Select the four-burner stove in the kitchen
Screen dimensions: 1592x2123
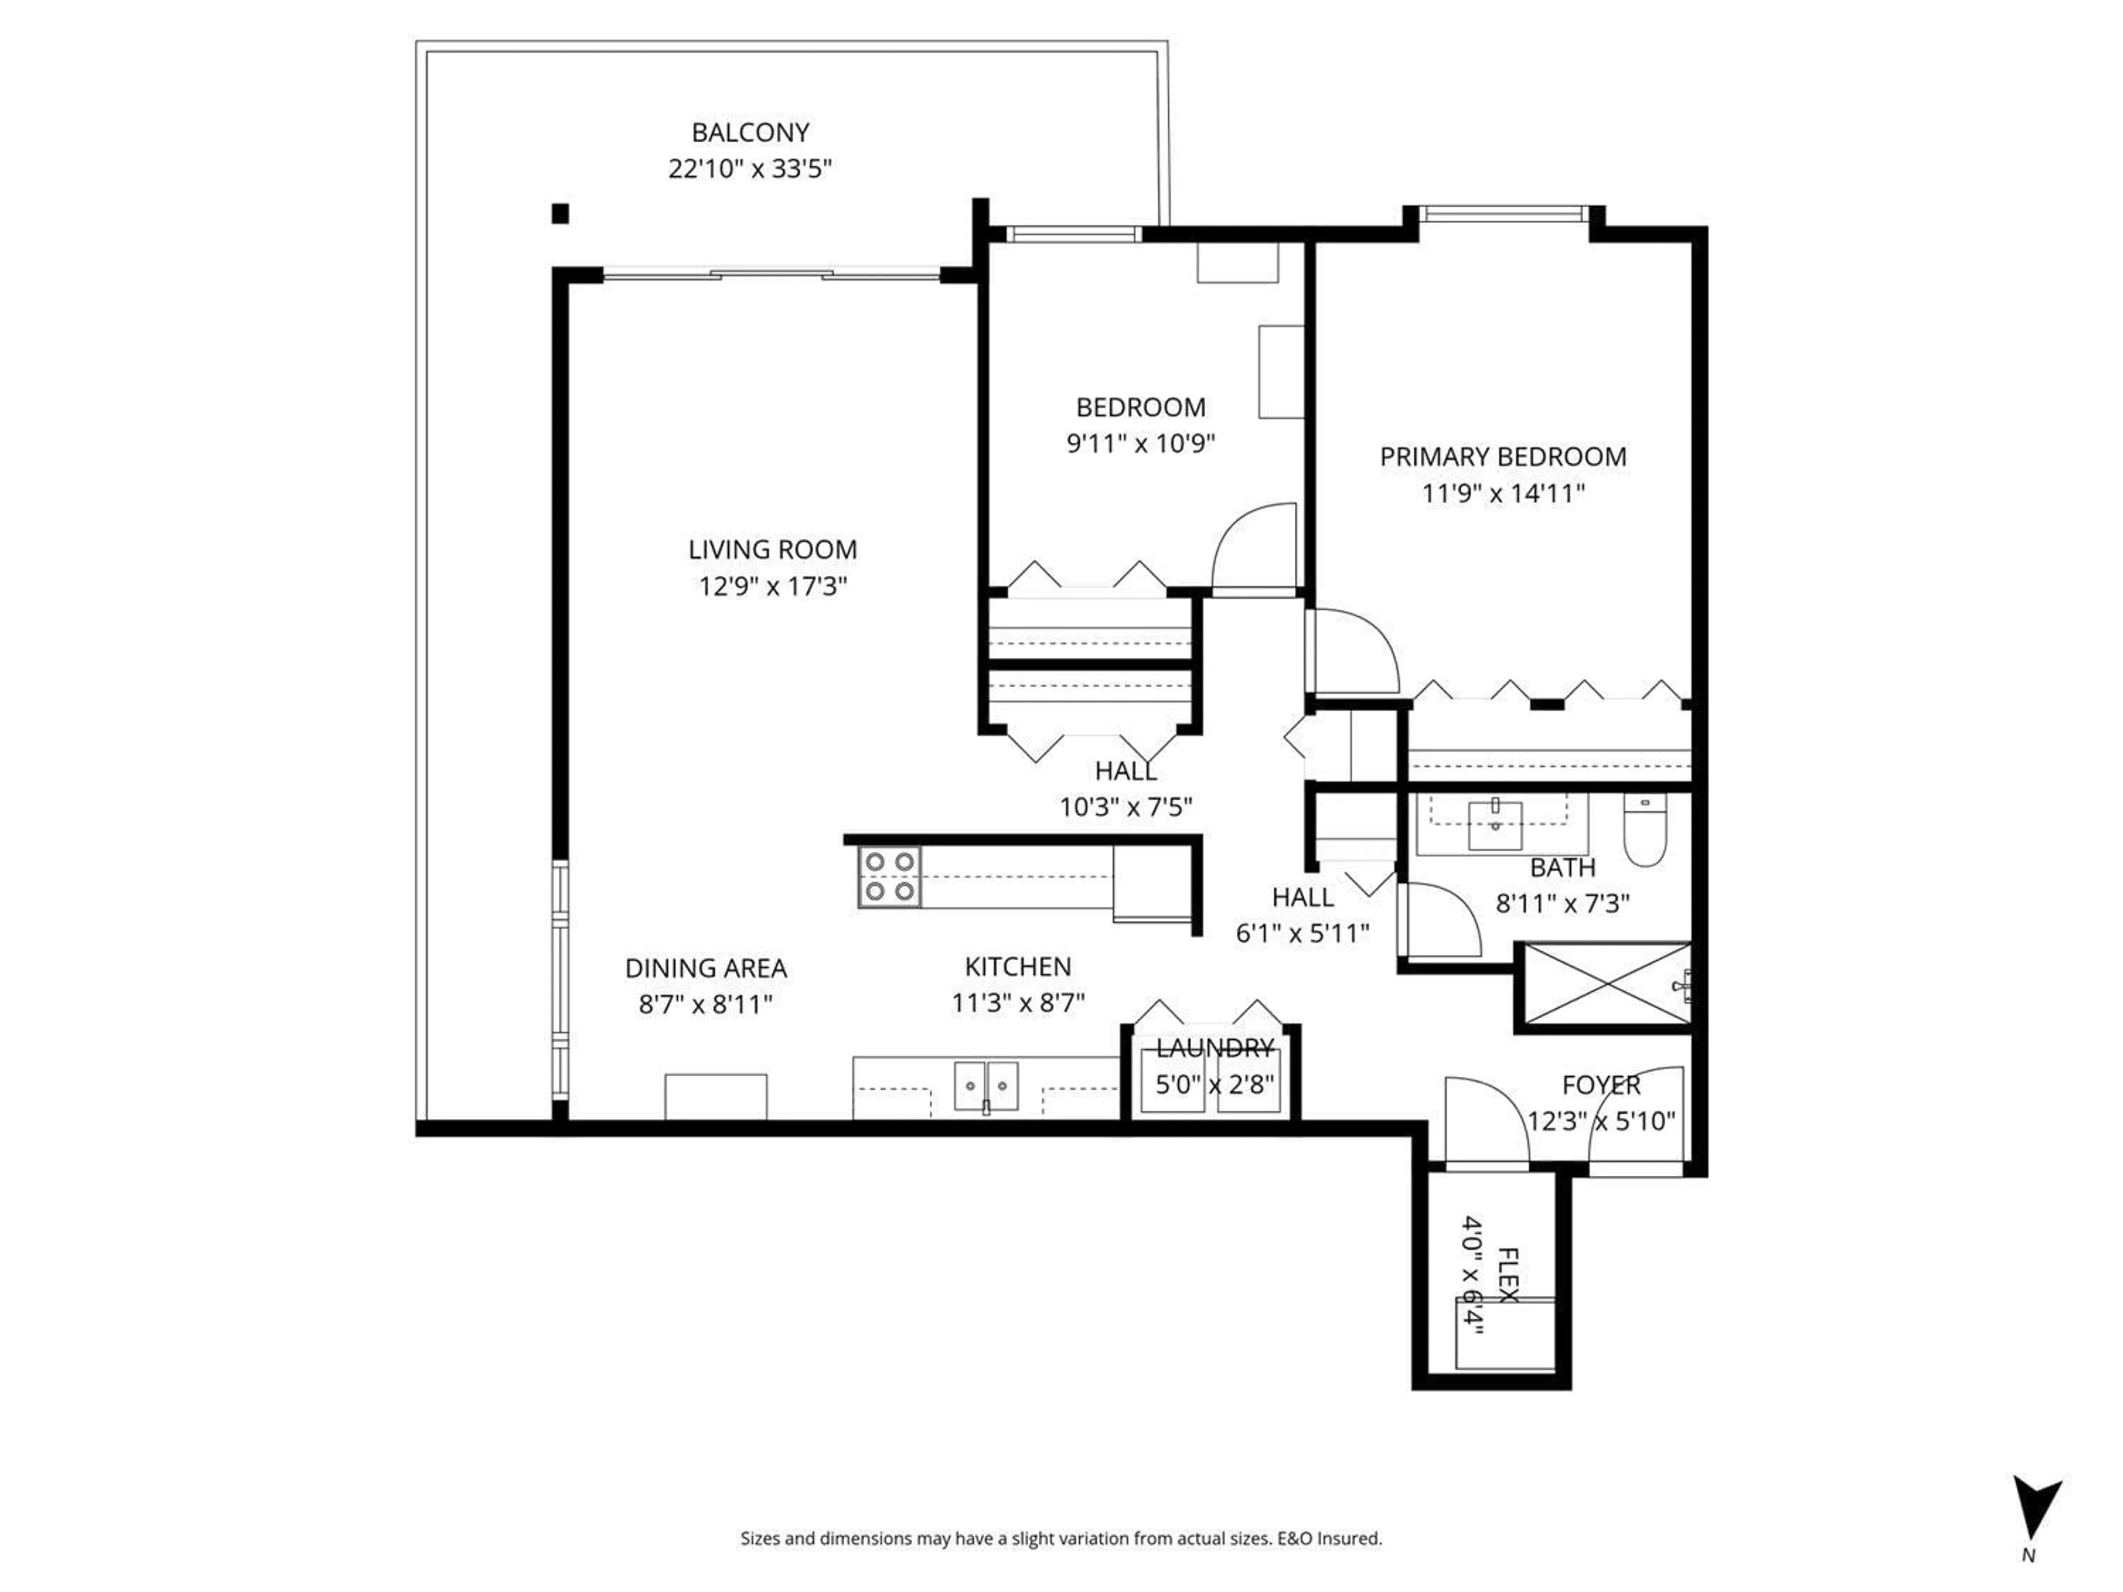coord(889,876)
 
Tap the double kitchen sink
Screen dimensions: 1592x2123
coord(986,1085)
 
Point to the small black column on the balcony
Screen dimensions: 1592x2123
coord(561,213)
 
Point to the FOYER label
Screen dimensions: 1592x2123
coord(1601,1085)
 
